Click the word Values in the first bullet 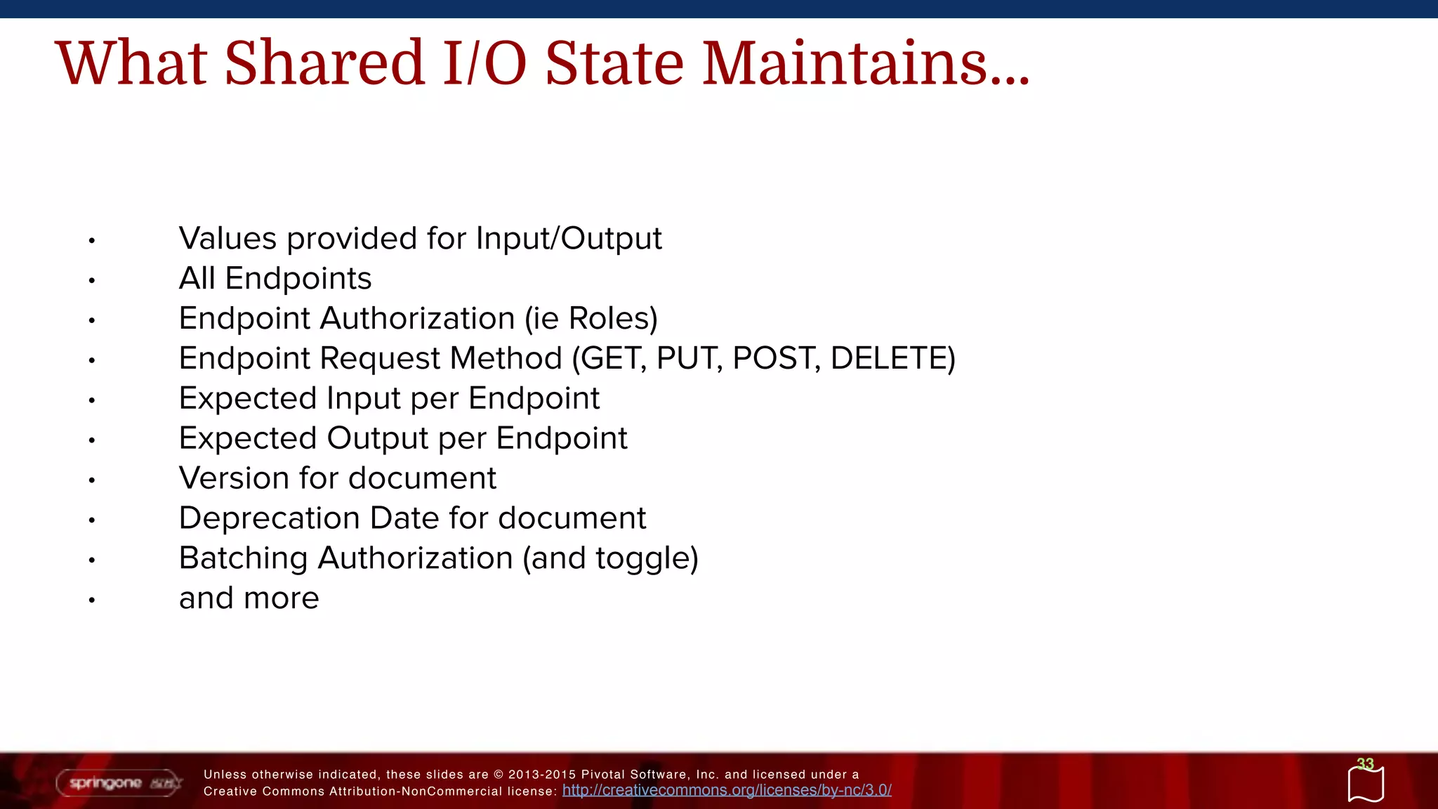tap(228, 239)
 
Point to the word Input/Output tap(569, 239)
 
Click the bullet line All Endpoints tap(275, 279)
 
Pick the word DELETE tap(890, 359)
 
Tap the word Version tap(234, 479)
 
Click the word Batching tap(243, 559)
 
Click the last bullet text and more tap(249, 599)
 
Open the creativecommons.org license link tap(727, 791)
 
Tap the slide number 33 tap(1365, 764)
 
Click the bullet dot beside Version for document tap(91, 481)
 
